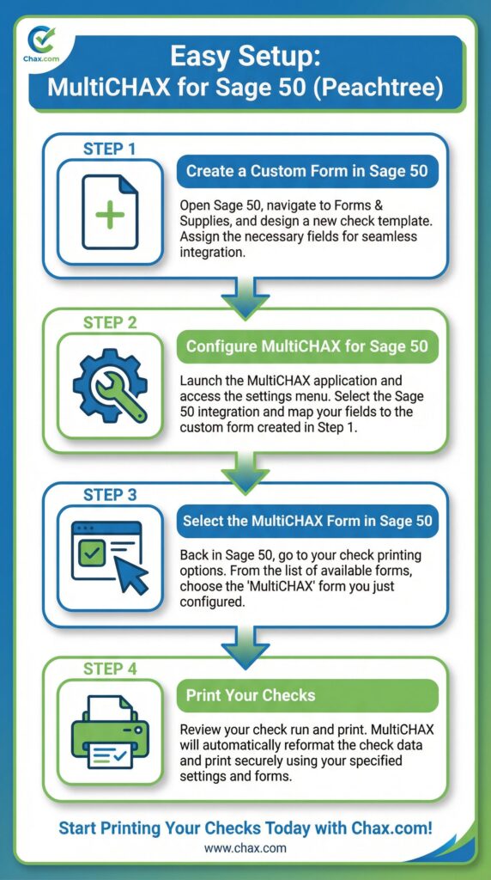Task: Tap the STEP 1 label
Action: click(109, 149)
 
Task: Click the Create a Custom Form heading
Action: click(306, 171)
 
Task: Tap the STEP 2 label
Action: click(109, 323)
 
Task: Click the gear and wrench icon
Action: click(110, 386)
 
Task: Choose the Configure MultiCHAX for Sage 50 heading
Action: click(306, 346)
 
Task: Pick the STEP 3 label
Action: click(109, 496)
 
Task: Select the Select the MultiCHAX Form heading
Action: click(306, 521)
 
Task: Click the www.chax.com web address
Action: click(245, 848)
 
